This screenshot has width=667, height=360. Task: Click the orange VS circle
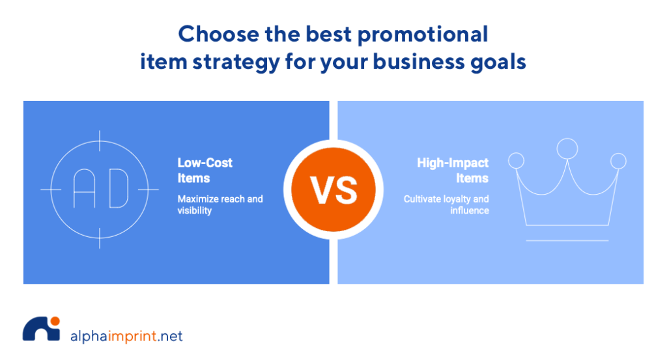(x=333, y=189)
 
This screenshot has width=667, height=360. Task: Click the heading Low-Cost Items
(x=205, y=171)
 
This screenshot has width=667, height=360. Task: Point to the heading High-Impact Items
(x=453, y=171)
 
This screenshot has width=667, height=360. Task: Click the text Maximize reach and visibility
(x=220, y=204)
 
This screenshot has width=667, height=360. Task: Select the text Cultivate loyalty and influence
(x=446, y=204)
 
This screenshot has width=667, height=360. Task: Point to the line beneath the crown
(x=567, y=241)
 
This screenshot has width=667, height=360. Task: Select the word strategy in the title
(x=236, y=62)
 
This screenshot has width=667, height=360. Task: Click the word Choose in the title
(x=218, y=34)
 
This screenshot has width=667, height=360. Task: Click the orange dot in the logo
(x=55, y=321)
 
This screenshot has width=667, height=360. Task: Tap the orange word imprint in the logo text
(x=132, y=336)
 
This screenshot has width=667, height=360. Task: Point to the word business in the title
(x=419, y=62)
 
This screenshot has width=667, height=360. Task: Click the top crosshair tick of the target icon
(x=100, y=141)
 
